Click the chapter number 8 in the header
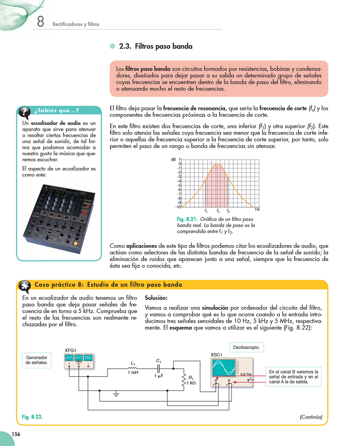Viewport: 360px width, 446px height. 40,22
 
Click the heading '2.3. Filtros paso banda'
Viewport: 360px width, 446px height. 155,47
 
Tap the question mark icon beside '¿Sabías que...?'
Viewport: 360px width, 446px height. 25,111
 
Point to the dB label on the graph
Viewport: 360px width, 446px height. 173,159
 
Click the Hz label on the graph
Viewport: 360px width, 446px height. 257,210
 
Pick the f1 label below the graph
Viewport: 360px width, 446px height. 206,211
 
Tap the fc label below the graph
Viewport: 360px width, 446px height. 218,211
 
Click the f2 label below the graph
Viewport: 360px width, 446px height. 228,211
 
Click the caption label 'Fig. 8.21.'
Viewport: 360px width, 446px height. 187,219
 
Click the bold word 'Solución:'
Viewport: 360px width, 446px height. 156,298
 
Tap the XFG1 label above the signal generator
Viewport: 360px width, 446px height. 71,350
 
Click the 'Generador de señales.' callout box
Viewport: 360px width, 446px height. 37,360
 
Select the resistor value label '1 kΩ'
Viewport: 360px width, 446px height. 191,383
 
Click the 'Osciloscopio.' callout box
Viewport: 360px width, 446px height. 246,348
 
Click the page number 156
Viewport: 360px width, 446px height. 16,434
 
